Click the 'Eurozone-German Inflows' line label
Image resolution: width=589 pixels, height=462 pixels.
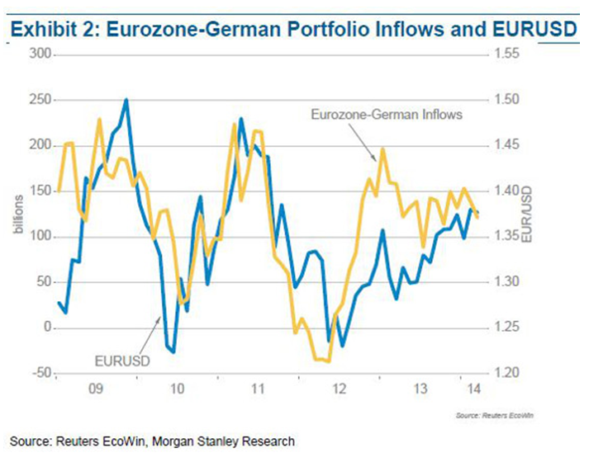click(x=386, y=114)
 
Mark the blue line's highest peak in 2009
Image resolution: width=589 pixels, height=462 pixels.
click(x=126, y=100)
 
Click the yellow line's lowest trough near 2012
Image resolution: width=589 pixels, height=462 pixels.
click(x=328, y=361)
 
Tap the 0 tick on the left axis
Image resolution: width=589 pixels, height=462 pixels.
click(x=48, y=328)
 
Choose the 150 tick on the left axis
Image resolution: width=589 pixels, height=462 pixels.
click(x=42, y=191)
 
